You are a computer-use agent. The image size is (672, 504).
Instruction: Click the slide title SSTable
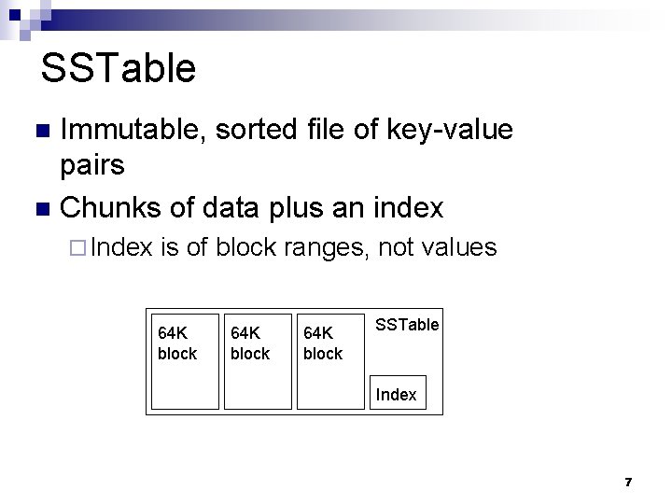point(119,68)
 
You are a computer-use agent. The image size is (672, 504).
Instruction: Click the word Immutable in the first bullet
point(130,130)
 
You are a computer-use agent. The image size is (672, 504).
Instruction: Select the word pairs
point(91,165)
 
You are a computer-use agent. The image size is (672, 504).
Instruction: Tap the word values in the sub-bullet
point(459,248)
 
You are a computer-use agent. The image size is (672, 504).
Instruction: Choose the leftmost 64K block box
point(185,360)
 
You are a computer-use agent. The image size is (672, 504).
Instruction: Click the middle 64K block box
point(258,360)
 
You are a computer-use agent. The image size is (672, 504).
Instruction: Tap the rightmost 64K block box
point(330,360)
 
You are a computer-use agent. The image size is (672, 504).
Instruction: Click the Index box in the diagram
point(398,394)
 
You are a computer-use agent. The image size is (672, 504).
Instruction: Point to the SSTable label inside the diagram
point(407,325)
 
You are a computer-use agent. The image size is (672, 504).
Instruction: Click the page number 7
point(628,482)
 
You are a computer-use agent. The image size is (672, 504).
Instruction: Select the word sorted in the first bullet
point(258,130)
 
